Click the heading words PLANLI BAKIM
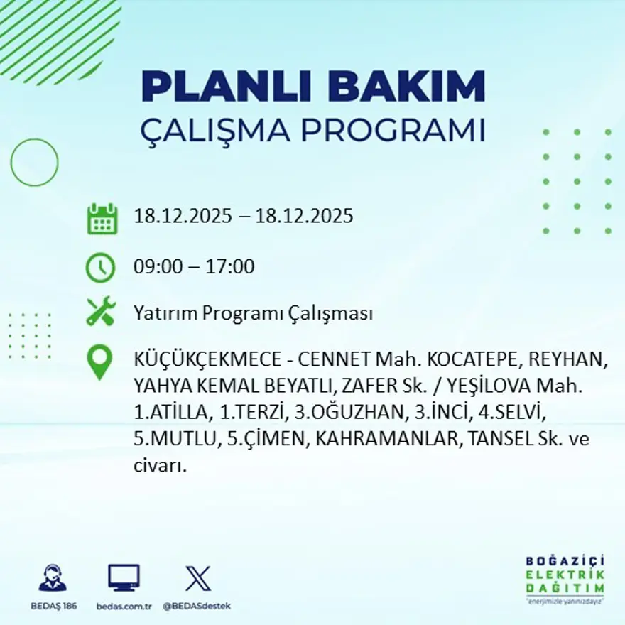(313, 87)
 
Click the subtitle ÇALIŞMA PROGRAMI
(313, 131)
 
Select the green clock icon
(100, 268)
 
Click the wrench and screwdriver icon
(101, 312)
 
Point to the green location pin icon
(100, 362)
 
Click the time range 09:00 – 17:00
(194, 268)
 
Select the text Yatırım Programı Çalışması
(253, 313)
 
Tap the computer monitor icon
(124, 577)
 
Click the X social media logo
(197, 577)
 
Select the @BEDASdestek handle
(197, 606)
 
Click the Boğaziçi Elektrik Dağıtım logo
(565, 579)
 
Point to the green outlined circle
(34, 163)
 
